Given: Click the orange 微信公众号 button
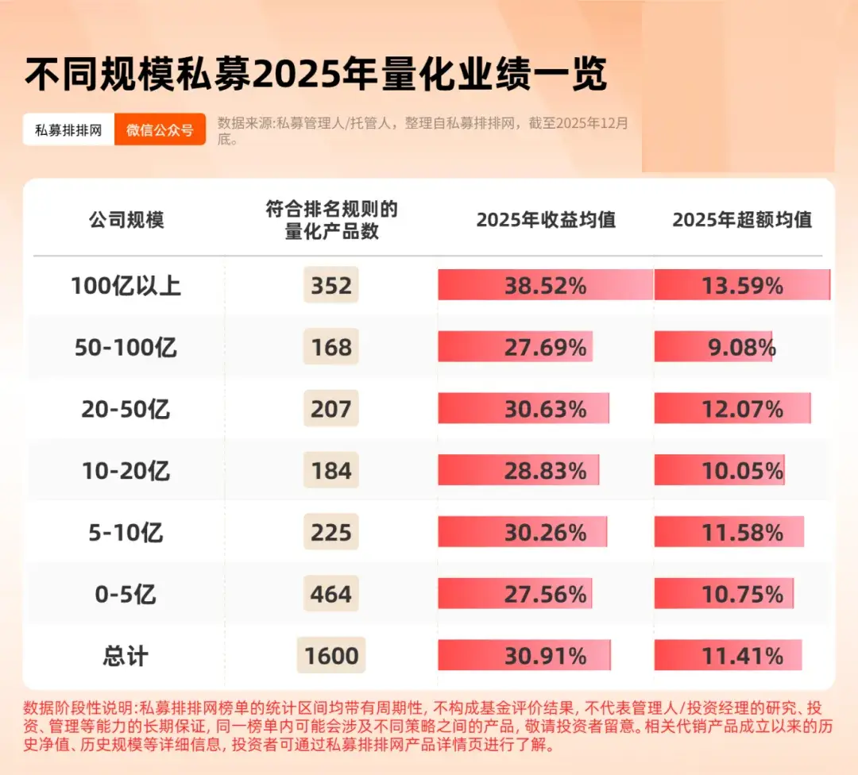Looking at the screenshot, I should (160, 129).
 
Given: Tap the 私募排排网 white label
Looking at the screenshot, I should (68, 129).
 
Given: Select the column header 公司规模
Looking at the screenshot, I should (126, 220).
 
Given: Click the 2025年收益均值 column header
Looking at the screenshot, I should (546, 220).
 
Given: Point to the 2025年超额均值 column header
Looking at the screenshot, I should (742, 220).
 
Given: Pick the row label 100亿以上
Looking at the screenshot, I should (126, 286).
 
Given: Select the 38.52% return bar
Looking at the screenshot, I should (545, 285).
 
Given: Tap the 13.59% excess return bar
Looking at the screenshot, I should (741, 285).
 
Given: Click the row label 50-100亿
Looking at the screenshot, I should (126, 347).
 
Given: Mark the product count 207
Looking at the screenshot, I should (331, 409).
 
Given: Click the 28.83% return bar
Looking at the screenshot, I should (519, 471).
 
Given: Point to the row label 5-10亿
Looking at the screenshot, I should (126, 533).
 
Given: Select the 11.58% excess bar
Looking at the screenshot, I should (729, 532).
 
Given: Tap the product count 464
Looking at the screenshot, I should (331, 595).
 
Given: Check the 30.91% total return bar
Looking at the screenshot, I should (524, 656).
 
